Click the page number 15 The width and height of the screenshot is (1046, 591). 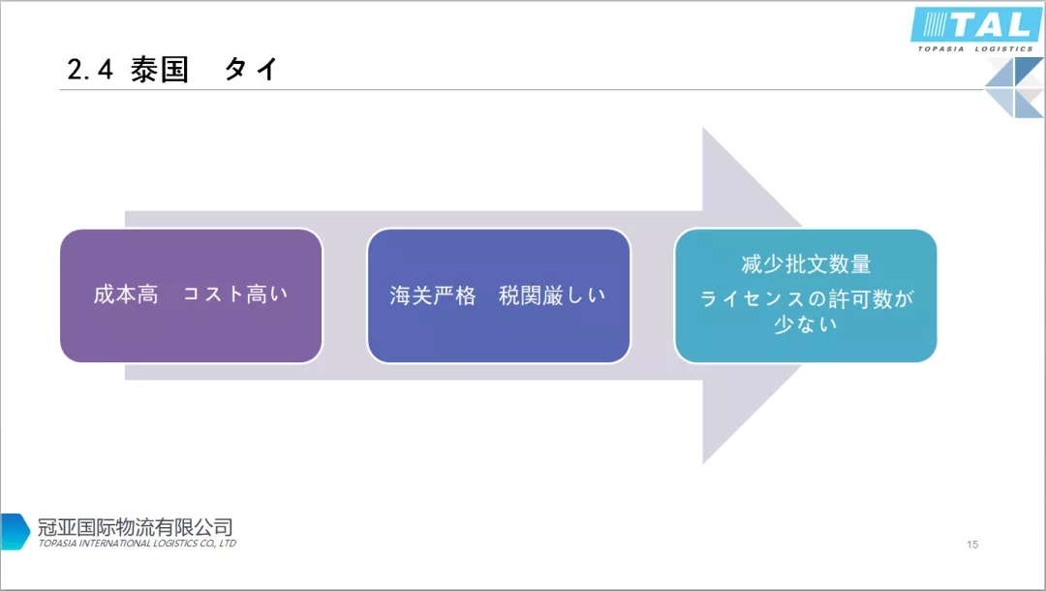972,544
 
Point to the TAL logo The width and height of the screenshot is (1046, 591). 976,24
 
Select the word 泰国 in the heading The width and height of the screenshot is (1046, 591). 160,70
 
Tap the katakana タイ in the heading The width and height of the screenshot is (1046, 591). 252,70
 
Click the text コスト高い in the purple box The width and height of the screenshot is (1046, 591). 236,295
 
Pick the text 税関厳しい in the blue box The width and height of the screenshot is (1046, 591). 552,295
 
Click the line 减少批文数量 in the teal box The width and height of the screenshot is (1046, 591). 806,264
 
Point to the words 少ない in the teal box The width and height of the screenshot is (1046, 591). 806,325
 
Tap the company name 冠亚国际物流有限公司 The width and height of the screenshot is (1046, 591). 136,527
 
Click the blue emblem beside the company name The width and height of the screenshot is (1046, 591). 15,532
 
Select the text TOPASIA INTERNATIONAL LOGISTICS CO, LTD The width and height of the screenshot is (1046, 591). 138,544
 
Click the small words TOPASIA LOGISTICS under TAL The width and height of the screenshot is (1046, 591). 975,47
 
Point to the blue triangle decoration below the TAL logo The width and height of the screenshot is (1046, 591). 1015,87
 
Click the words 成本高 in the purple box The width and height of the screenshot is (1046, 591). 126,295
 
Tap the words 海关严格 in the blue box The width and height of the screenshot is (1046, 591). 433,295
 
